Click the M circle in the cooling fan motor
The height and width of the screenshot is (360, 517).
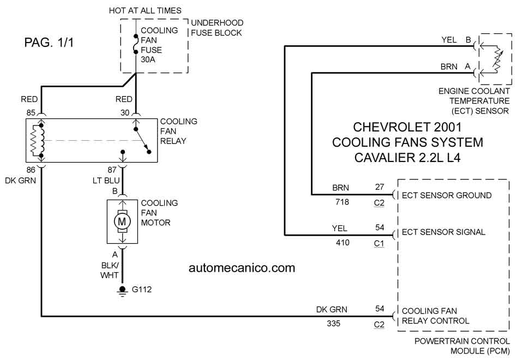[122, 221]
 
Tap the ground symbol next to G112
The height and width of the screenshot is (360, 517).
[123, 291]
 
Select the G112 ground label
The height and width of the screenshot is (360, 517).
[142, 290]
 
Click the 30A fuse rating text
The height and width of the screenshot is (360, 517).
[148, 59]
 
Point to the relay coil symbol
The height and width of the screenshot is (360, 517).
[37, 141]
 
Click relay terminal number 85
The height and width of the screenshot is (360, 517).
[31, 113]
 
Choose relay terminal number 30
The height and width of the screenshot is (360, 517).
[125, 113]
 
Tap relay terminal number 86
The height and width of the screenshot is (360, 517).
[31, 170]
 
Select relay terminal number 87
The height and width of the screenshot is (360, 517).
[112, 170]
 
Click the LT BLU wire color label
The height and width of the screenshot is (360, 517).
[106, 181]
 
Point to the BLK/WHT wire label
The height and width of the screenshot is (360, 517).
[110, 271]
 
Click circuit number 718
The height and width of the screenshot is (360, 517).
[342, 202]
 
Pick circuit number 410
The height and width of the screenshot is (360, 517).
[342, 243]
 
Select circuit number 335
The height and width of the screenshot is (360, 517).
[334, 323]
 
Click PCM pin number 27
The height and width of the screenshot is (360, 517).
[380, 187]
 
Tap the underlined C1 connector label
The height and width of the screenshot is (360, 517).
[379, 244]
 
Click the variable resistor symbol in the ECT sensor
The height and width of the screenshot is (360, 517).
[497, 59]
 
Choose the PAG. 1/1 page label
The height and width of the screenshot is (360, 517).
[49, 43]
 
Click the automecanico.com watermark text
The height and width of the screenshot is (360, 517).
[242, 268]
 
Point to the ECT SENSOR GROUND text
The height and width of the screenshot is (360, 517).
[447, 195]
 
